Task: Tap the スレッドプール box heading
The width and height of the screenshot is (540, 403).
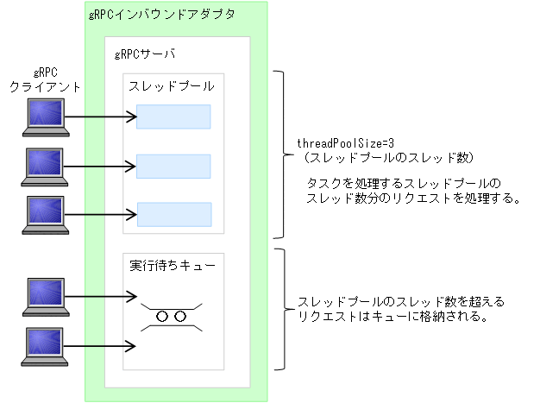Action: click(171, 86)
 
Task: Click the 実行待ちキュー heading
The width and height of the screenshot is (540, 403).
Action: click(172, 265)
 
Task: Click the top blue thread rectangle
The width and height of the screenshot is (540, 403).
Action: click(173, 116)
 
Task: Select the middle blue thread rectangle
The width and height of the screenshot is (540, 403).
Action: click(173, 166)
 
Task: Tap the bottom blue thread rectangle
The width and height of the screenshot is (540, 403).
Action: click(173, 214)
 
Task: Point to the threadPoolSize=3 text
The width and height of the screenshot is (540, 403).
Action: click(335, 142)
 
